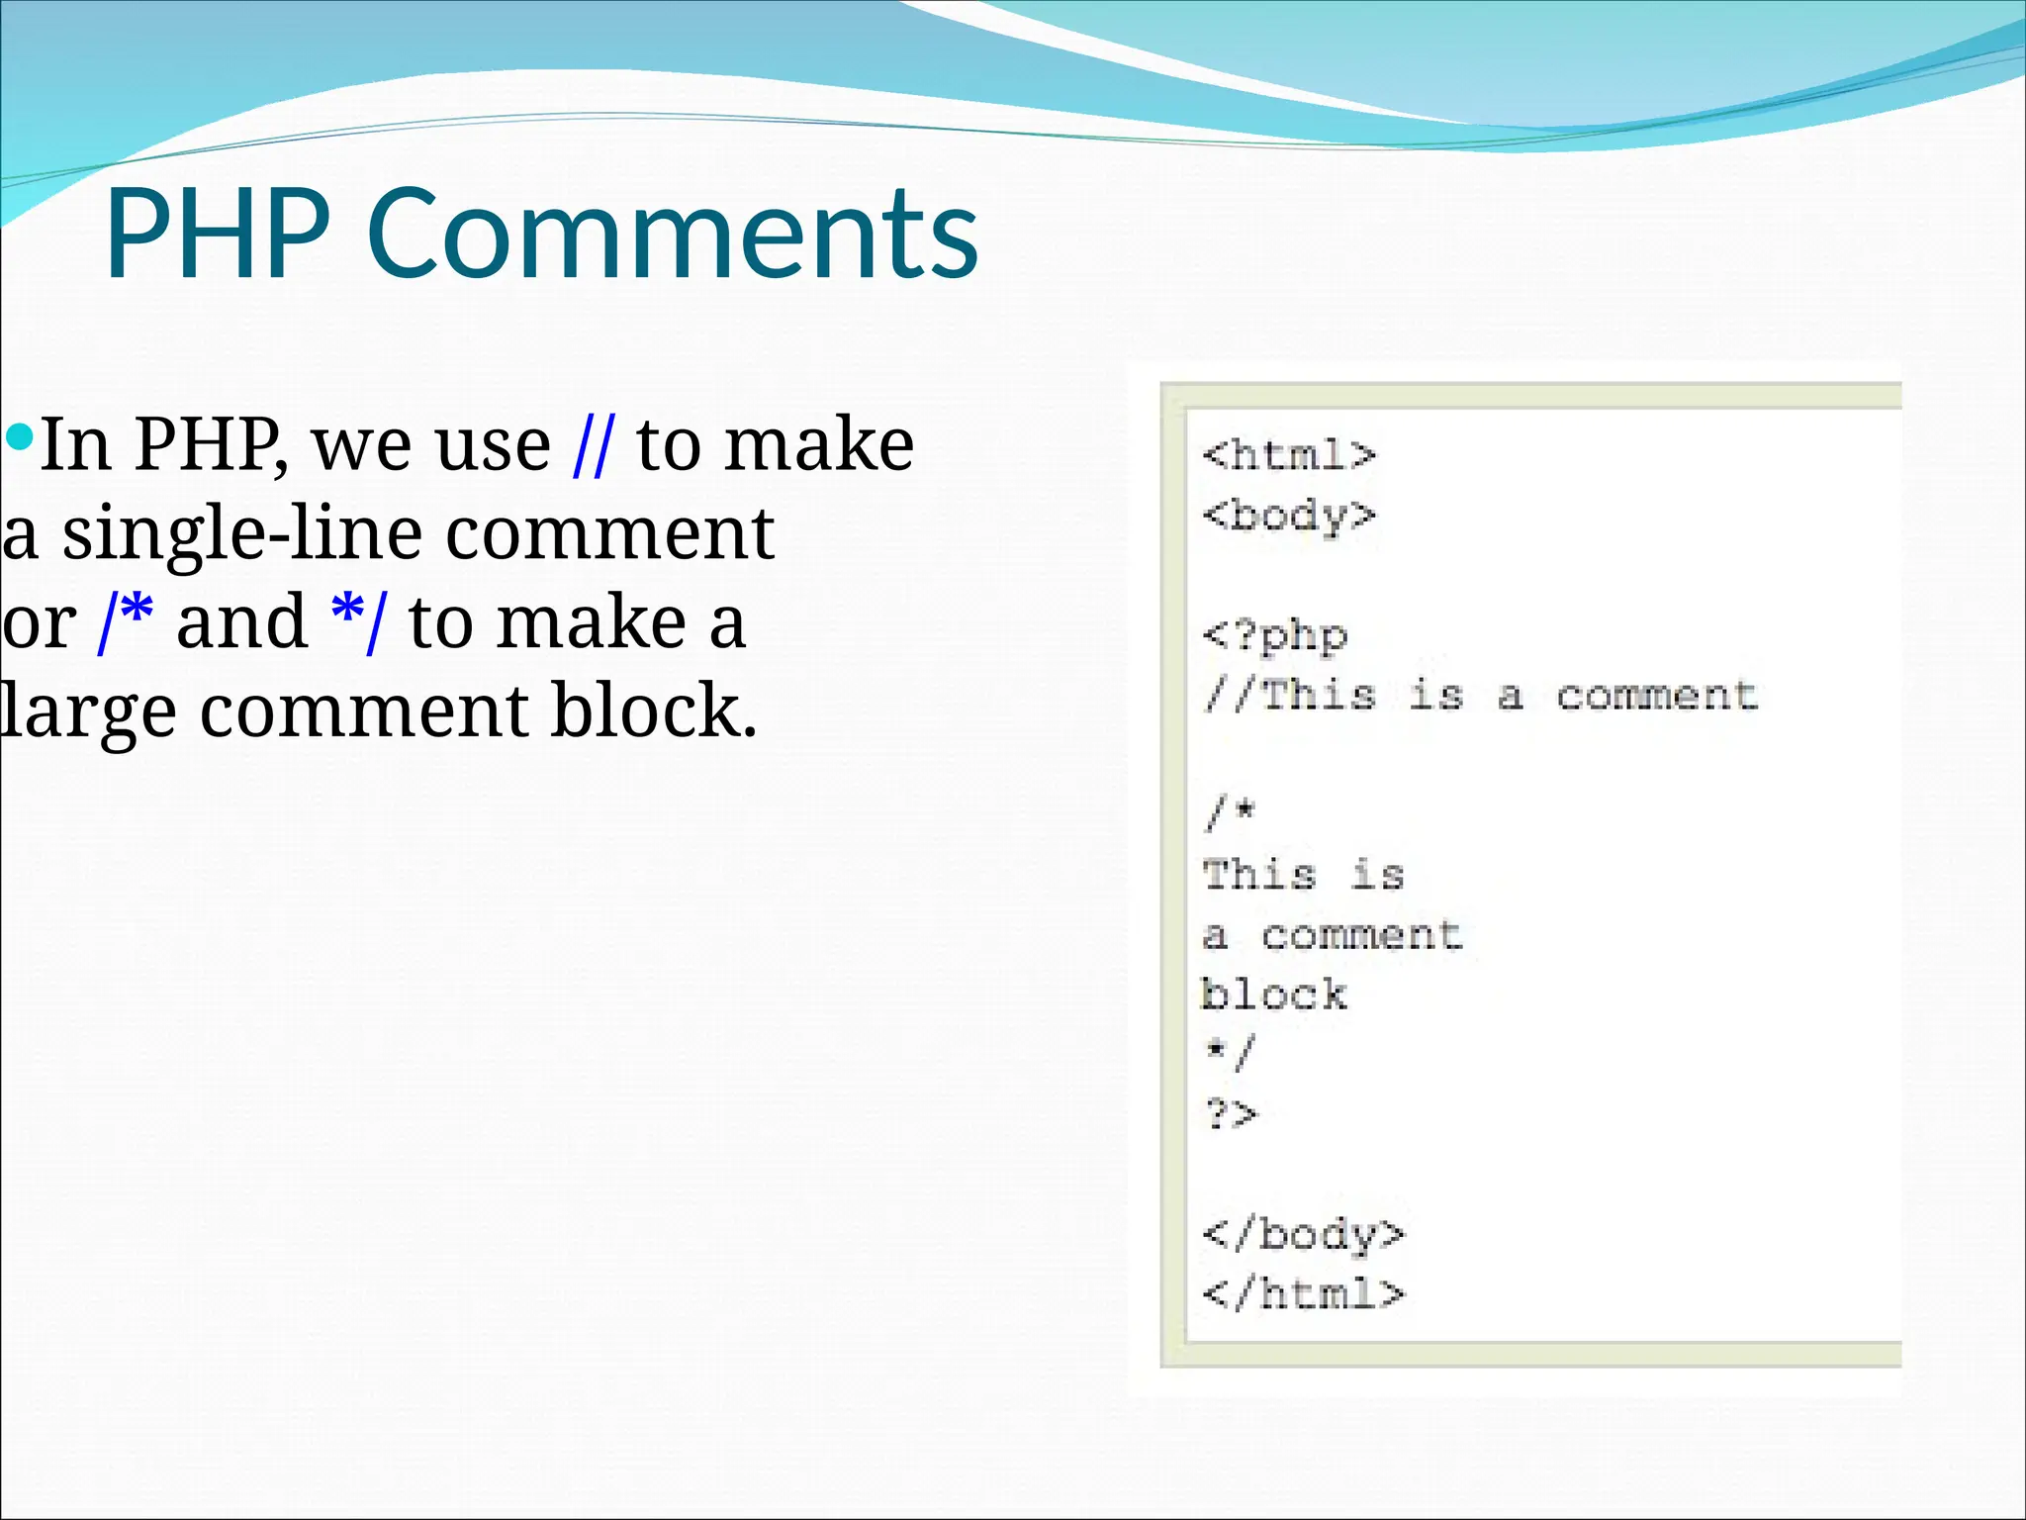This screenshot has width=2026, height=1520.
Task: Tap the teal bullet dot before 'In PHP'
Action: [x=19, y=435]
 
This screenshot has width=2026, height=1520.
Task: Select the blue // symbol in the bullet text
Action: [x=593, y=445]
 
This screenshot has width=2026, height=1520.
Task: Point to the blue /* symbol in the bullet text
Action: [x=126, y=622]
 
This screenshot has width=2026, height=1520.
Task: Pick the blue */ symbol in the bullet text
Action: [x=359, y=622]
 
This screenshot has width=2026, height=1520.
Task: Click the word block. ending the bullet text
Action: [x=654, y=711]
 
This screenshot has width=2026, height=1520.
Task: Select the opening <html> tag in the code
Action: [x=1289, y=455]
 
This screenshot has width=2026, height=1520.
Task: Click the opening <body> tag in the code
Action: [x=1289, y=516]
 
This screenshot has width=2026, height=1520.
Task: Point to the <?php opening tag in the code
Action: [x=1275, y=635]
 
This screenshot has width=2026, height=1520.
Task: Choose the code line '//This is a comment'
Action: [x=1480, y=695]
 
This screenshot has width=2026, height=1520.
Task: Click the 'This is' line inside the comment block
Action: [x=1303, y=875]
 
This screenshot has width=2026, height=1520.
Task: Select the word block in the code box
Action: [x=1274, y=995]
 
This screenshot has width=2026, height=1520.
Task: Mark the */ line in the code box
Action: [x=1230, y=1052]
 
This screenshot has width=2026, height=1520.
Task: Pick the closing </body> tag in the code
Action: [x=1303, y=1234]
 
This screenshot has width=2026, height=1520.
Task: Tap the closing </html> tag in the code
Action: [x=1303, y=1293]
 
